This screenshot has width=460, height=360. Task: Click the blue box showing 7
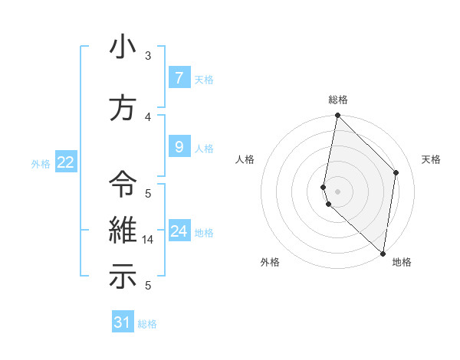tap(179, 77)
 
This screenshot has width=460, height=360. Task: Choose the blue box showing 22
tap(66, 162)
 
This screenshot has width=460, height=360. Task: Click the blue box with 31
tap(122, 322)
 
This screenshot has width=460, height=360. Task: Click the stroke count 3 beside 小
tap(148, 56)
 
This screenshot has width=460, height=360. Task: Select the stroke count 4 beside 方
tap(148, 117)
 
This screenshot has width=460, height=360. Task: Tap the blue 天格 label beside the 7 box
tap(204, 79)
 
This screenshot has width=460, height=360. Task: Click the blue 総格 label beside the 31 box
tap(147, 324)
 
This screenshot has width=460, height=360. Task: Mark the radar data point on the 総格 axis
tap(337, 116)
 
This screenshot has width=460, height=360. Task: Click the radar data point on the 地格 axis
tap(383, 254)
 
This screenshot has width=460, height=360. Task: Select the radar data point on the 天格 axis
tap(396, 172)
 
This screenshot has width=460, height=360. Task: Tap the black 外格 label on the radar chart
tap(270, 263)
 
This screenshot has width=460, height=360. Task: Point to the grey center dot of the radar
tap(337, 191)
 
